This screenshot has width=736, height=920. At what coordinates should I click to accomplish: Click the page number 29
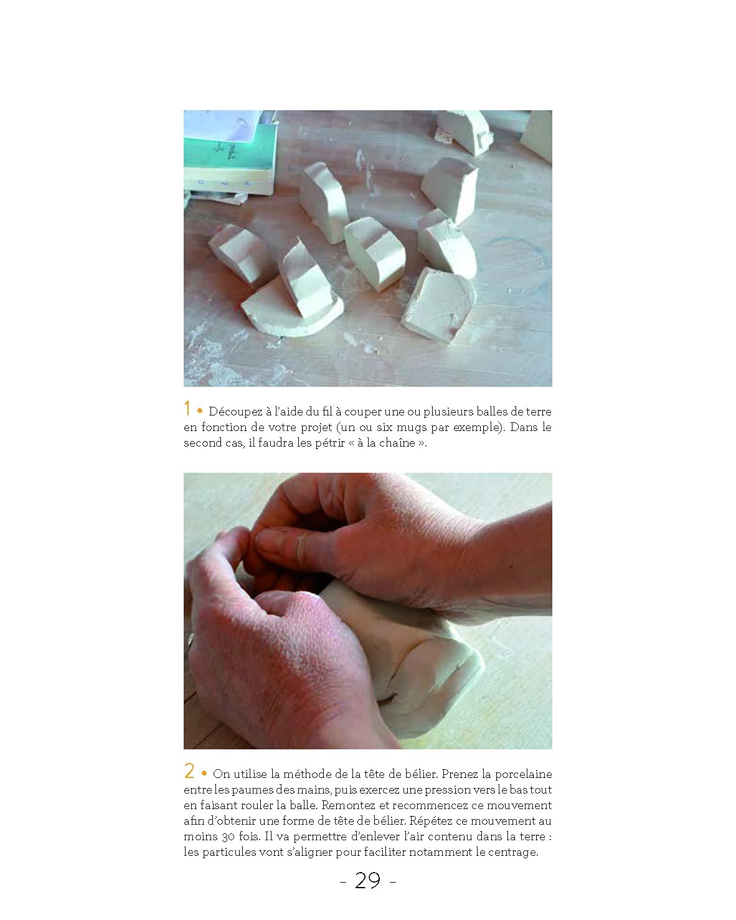click(367, 881)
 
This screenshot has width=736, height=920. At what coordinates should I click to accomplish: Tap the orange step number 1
click(187, 408)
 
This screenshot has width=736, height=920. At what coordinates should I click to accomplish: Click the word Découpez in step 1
click(235, 412)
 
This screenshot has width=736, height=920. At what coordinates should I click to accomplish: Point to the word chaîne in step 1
click(396, 442)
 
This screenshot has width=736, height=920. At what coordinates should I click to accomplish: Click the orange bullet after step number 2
click(204, 773)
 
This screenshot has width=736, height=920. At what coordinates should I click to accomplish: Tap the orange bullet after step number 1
click(200, 411)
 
